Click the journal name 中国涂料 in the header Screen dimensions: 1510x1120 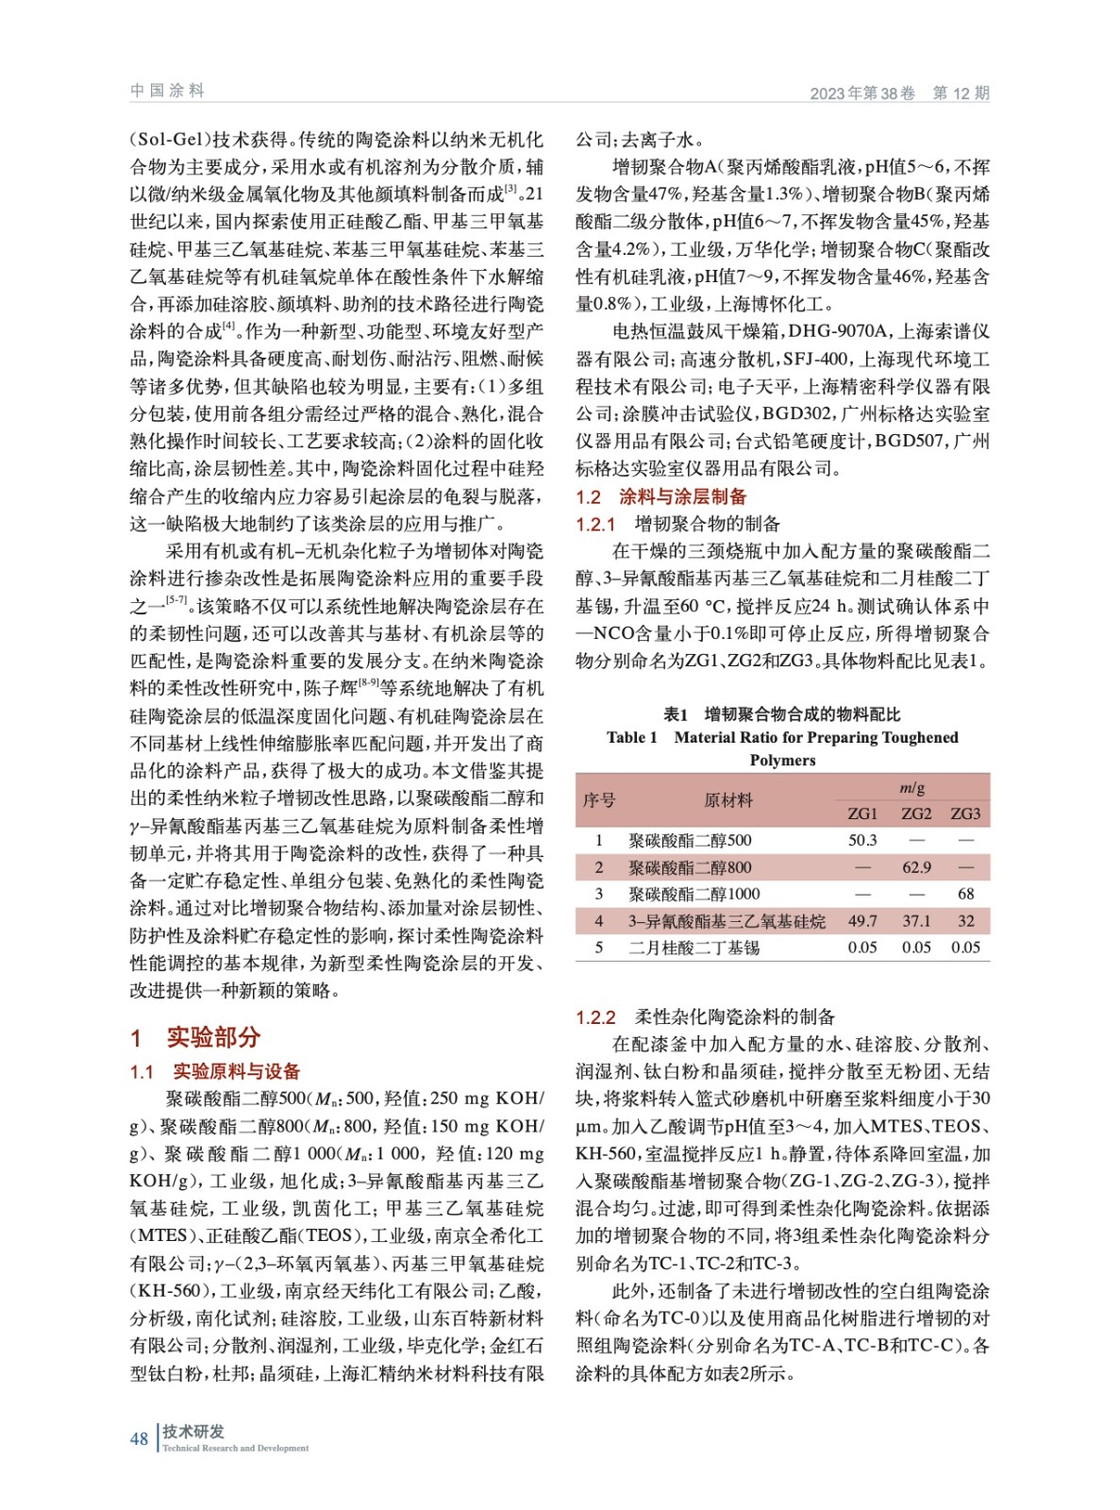pos(167,91)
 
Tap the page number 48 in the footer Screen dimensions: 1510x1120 pos(139,1438)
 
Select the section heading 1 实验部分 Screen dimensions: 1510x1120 pos(195,1037)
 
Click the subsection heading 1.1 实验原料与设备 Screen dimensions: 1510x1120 pos(215,1071)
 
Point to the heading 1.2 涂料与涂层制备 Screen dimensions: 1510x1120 pos(661,496)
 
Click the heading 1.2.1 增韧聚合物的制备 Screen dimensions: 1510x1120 pos(678,524)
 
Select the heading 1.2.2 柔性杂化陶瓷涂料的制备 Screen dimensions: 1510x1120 pos(705,1016)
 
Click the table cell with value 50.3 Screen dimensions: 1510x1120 pos(862,840)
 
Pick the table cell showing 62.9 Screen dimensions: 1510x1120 pos(916,867)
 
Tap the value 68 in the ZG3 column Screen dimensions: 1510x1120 pos(965,894)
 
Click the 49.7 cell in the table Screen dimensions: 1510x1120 pos(862,921)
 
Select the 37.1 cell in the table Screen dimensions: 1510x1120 pos(916,921)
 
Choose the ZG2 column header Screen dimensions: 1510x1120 pos(916,814)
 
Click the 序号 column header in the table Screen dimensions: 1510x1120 pos(599,800)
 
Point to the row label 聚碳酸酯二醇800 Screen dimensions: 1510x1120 pos(690,867)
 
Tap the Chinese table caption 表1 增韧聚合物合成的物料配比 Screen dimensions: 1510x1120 pos(782,713)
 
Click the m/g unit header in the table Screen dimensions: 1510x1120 pos(911,787)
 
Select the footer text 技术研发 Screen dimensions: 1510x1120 pos(193,1431)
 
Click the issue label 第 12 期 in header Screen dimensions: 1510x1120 pos(961,92)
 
